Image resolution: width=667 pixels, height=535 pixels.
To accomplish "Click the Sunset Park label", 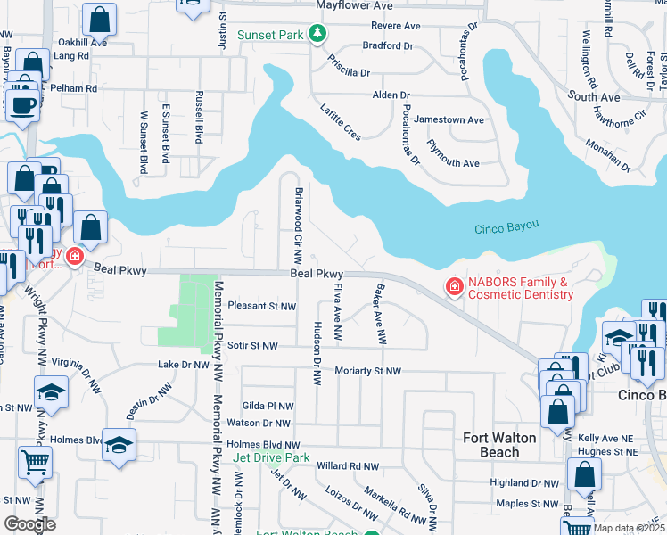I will coord(270,35).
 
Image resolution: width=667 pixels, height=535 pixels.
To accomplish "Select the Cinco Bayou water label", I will coord(507,229).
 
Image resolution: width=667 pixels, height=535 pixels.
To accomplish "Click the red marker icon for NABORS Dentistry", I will coord(454,286).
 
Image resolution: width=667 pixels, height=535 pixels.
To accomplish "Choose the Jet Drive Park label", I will coord(271,457).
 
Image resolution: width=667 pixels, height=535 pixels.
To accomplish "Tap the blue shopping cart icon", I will coord(35,461).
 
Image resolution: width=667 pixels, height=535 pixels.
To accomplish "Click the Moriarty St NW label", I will coord(367,371).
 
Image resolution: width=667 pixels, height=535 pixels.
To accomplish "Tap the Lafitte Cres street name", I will coord(341,121).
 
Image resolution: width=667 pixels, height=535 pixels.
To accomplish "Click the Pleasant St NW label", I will coord(261,305).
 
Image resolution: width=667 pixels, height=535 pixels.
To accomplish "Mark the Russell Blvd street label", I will coord(198,120).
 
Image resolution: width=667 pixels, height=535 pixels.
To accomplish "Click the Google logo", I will coord(30,523).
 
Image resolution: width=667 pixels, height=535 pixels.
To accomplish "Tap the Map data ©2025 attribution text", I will coord(629,528).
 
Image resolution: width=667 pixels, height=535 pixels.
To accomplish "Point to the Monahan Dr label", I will coord(607,154).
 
